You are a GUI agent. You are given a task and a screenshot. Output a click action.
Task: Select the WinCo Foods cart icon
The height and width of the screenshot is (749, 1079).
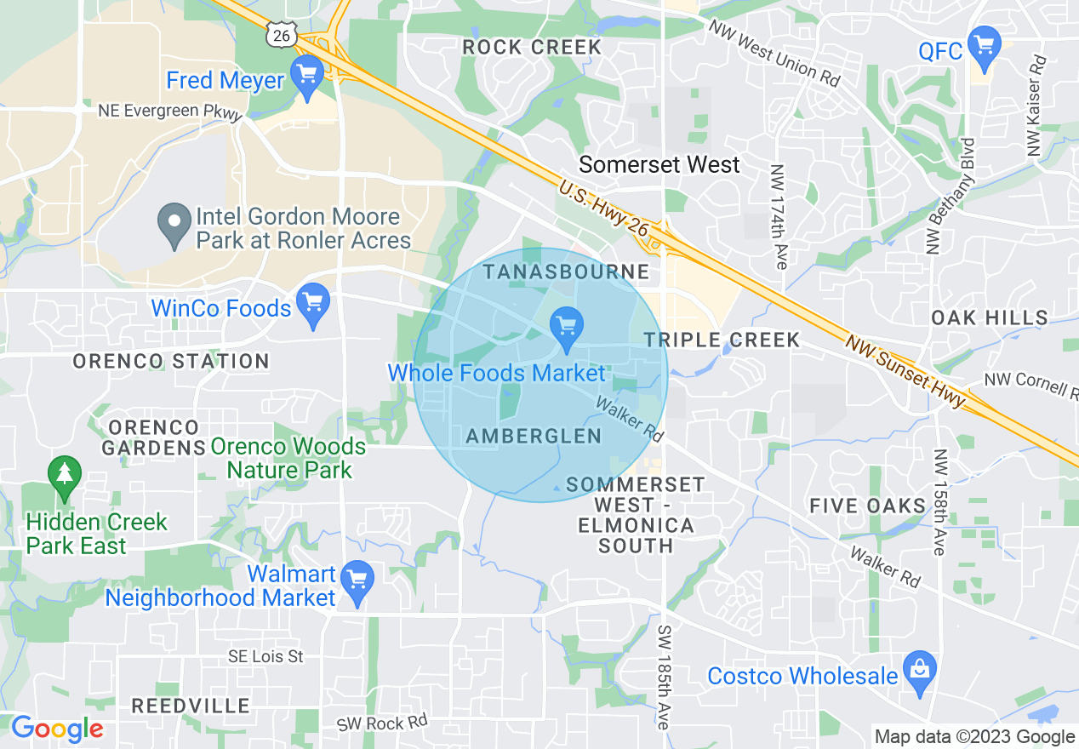(x=313, y=305)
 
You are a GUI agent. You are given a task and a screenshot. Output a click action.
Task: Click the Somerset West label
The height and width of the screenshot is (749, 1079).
(x=659, y=164)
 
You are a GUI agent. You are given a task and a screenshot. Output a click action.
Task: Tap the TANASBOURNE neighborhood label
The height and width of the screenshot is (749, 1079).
(x=566, y=272)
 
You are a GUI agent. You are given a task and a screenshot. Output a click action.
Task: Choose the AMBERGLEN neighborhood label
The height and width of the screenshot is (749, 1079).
(x=534, y=436)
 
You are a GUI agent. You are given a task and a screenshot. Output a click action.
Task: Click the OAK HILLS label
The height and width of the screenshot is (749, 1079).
(x=990, y=317)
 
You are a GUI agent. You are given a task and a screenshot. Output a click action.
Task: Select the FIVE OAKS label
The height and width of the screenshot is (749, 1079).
(x=867, y=506)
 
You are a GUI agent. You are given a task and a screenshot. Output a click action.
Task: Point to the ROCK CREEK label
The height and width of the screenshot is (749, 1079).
(x=532, y=48)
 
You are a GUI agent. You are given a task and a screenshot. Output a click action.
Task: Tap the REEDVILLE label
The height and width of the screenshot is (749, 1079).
(x=191, y=706)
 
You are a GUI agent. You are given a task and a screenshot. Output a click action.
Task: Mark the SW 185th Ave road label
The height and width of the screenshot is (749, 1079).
(x=664, y=677)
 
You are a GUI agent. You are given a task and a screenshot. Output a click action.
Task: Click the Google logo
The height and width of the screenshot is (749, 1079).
(x=56, y=729)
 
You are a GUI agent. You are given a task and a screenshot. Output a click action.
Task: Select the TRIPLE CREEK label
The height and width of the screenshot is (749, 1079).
(x=722, y=340)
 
